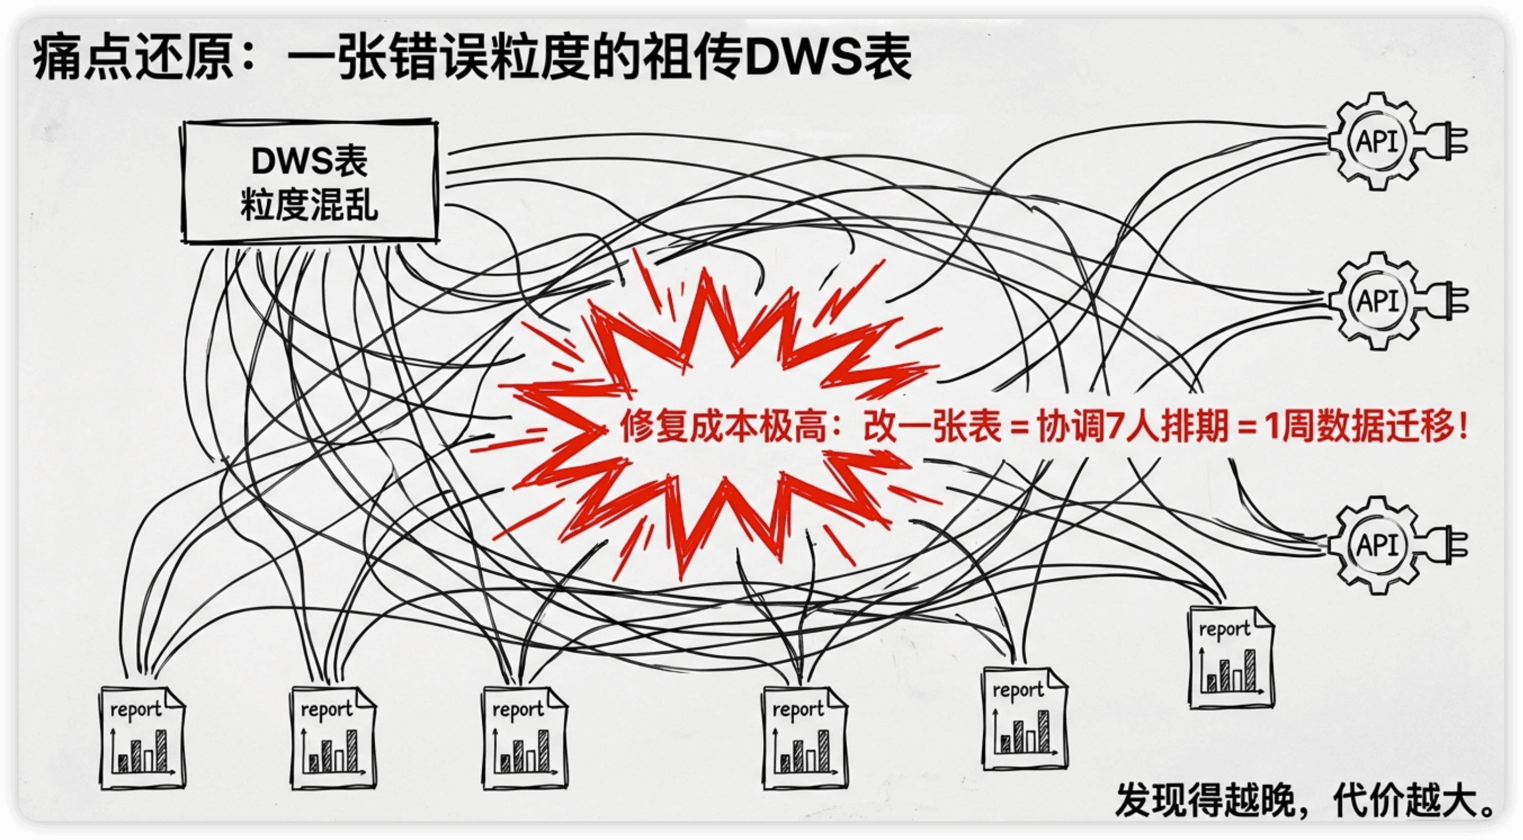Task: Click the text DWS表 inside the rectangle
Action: [x=309, y=161]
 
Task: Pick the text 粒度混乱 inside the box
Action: [x=309, y=206]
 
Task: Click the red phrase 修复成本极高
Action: [x=723, y=426]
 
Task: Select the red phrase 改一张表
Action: [x=932, y=426]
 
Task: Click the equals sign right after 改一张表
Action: [x=1019, y=427]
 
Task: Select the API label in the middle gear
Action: [x=1377, y=301]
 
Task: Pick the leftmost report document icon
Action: [x=142, y=737]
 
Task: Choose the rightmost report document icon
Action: [x=1232, y=657]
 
